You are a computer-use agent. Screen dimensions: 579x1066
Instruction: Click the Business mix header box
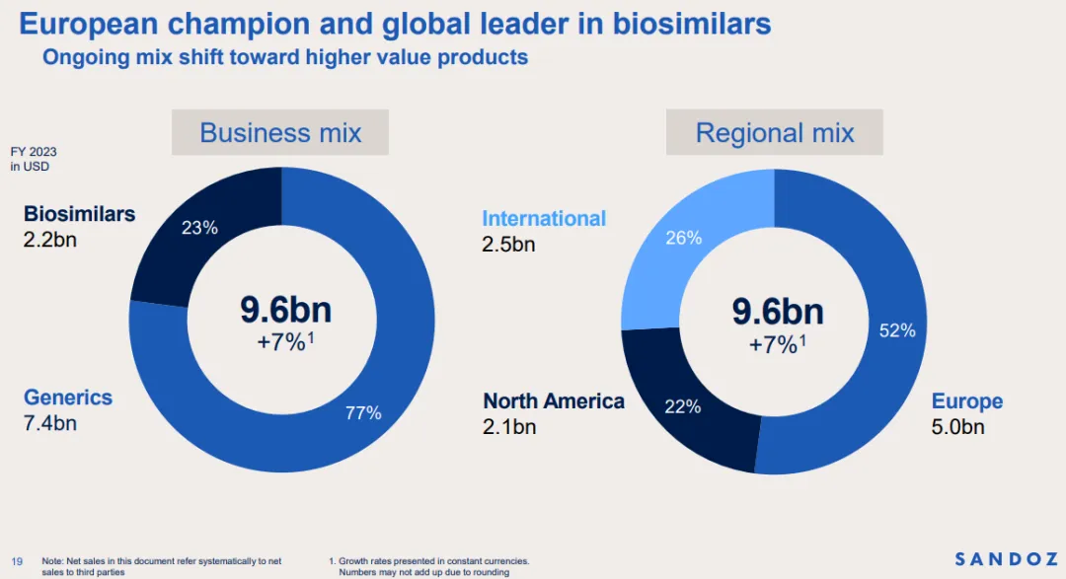[x=280, y=133]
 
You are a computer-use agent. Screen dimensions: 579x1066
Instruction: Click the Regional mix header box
[x=775, y=133]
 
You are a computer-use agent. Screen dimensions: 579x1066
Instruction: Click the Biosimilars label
[x=79, y=214]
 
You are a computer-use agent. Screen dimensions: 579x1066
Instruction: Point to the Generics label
[x=68, y=398]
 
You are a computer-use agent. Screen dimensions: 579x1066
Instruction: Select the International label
[x=544, y=219]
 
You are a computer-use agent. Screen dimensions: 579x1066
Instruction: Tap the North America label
[x=554, y=401]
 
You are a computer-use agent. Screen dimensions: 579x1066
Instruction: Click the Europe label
[x=967, y=401]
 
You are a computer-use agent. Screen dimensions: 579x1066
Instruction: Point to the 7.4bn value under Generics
[x=50, y=424]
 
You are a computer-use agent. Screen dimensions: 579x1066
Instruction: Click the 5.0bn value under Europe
[x=958, y=427]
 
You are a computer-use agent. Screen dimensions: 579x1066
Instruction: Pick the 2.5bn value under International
[x=508, y=245]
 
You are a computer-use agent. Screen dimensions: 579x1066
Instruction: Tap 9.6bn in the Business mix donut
[x=286, y=311]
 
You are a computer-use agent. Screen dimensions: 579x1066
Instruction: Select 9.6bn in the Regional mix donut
[x=778, y=312]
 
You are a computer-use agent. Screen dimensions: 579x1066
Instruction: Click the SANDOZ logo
[x=1006, y=559]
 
